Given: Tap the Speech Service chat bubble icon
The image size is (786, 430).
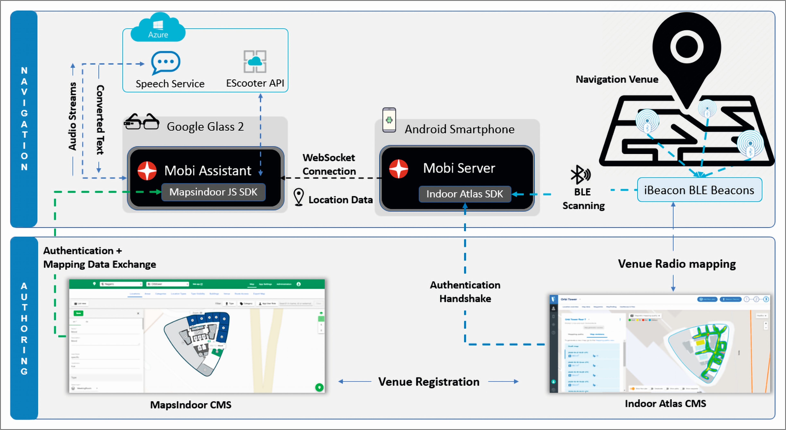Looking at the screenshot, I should click(x=166, y=62).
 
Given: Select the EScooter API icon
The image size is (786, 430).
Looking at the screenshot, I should click(x=255, y=61).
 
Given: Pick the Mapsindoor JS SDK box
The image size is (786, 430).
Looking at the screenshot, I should click(x=213, y=192).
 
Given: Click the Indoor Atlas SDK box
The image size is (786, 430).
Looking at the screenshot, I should click(x=464, y=194).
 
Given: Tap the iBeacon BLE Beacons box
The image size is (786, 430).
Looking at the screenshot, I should click(x=699, y=190).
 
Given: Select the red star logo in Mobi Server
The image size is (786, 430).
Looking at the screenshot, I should click(x=399, y=169).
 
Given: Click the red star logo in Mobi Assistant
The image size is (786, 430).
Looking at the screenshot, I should click(x=147, y=171).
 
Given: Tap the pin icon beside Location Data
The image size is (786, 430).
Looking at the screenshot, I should click(x=298, y=197).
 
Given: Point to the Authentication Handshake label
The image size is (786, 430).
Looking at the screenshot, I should click(x=465, y=292).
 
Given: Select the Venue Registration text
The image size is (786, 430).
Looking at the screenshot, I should click(x=429, y=382).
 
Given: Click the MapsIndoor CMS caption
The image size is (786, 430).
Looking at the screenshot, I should click(x=191, y=405).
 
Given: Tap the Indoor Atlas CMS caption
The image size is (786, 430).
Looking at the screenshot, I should click(x=665, y=403).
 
